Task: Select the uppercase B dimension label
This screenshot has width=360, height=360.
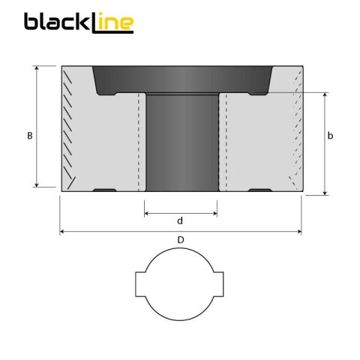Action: point(28,136)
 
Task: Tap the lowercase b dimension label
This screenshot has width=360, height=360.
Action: point(331,136)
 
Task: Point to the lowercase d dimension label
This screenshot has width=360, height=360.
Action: point(179,220)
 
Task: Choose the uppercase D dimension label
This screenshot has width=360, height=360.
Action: point(180,239)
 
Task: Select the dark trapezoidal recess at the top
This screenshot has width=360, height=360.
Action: point(180,79)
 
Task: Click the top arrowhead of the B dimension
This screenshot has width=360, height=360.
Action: point(36,68)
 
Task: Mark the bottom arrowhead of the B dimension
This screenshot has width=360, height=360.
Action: point(36,184)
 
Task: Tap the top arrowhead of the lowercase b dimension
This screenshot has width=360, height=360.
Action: point(325,96)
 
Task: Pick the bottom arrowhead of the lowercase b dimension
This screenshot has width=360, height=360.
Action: point(325,193)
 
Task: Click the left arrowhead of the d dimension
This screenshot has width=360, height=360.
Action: point(146,213)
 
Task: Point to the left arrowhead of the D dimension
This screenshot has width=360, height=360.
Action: point(62,232)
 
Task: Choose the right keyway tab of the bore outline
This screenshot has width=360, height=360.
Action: point(220,285)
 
